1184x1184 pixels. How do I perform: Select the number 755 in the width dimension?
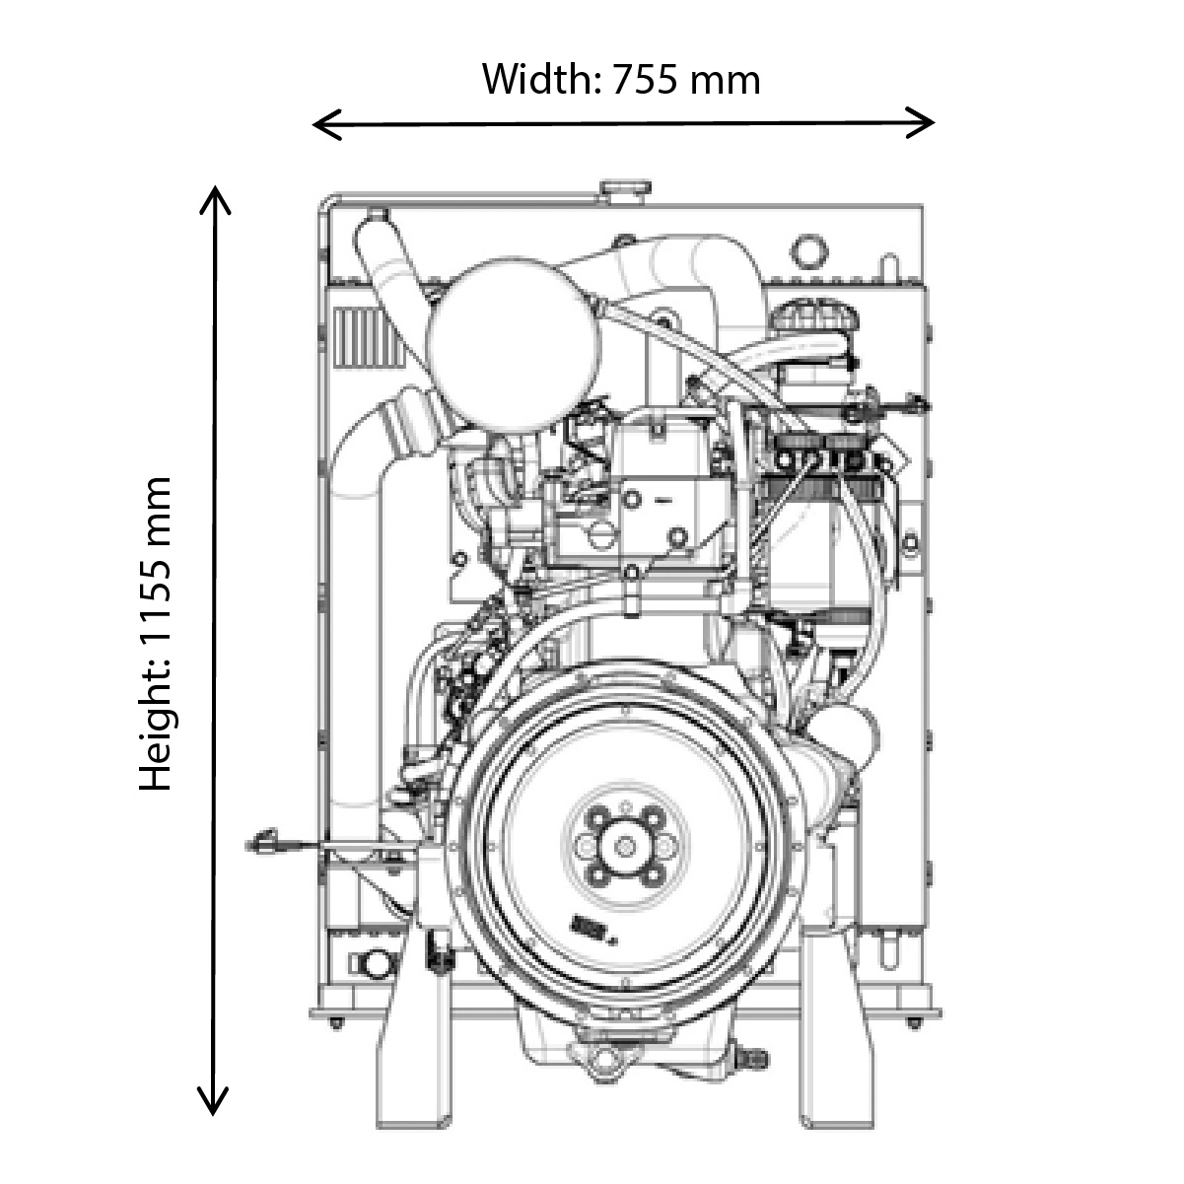(646, 79)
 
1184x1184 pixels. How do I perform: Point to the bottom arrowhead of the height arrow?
(214, 1108)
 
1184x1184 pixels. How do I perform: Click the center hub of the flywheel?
(624, 845)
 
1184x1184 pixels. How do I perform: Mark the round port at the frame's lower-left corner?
(374, 962)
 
